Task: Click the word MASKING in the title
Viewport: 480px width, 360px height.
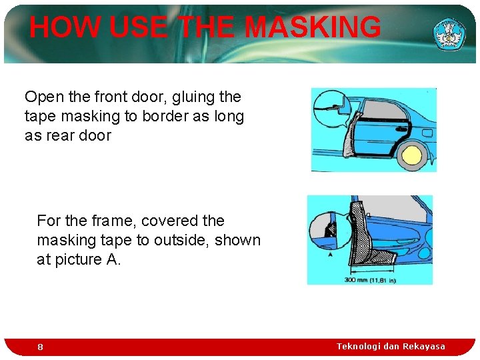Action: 313,27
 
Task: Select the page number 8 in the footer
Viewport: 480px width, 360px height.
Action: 40,347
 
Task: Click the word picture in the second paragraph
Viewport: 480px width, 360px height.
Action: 77,259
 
